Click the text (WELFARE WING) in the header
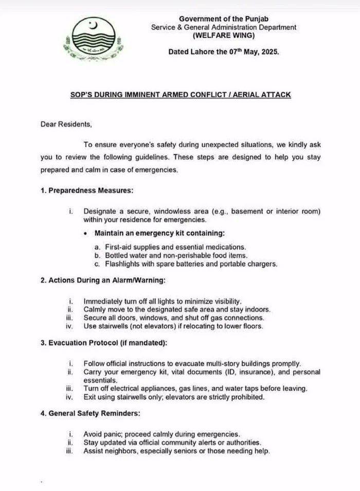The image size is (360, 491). click(x=224, y=36)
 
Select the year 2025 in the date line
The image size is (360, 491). click(x=268, y=52)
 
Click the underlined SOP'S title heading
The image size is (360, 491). click(x=180, y=95)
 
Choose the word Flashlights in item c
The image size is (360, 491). click(x=123, y=264)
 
